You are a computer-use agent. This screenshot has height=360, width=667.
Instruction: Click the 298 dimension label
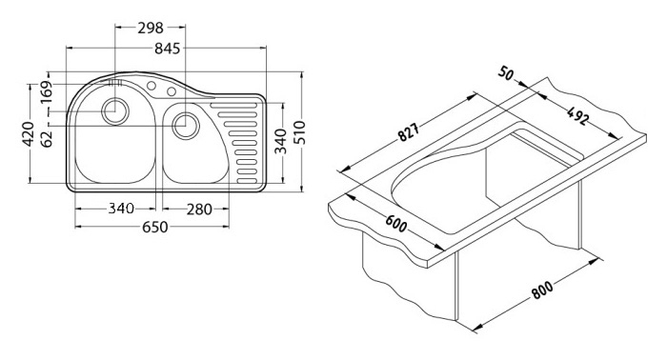tap(151, 28)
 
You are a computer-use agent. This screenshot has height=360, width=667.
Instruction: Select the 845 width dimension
tap(167, 49)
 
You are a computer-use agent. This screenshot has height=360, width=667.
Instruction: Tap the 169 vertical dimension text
tap(46, 91)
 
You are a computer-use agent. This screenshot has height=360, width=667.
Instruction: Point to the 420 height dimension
tap(29, 134)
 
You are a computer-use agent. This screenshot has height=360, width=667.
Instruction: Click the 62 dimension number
tap(47, 138)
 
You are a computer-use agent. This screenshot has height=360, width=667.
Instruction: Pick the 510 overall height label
tap(300, 132)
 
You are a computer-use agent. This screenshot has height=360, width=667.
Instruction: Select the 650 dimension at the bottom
tap(154, 228)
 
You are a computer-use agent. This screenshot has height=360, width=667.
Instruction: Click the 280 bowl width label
tap(198, 210)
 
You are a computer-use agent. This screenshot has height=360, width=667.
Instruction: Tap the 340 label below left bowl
tap(121, 209)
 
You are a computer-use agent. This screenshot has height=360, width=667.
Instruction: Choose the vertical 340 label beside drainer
tap(281, 142)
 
